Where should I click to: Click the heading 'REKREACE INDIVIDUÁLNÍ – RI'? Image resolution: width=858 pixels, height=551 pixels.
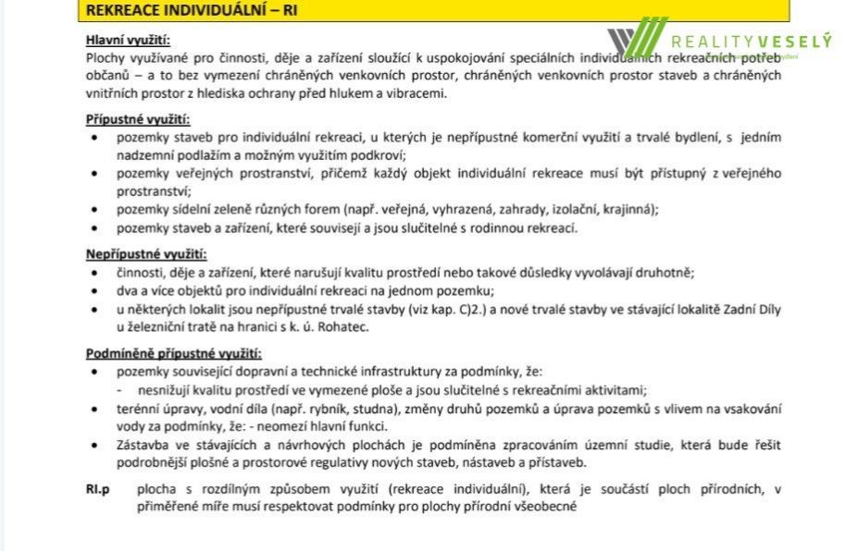tap(193, 10)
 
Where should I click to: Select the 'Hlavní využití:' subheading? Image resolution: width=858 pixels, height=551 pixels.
tap(128, 40)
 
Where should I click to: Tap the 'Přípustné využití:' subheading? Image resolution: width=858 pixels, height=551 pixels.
tap(137, 119)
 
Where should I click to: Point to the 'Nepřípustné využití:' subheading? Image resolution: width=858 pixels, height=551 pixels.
tap(146, 254)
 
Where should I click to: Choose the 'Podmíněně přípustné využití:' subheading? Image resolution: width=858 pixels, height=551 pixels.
tap(173, 353)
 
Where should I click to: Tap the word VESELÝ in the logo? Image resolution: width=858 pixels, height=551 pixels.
tap(793, 42)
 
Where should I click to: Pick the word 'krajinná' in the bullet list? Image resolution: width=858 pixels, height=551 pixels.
tap(628, 209)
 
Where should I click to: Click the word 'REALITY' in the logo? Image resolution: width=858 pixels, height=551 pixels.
tap(712, 42)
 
